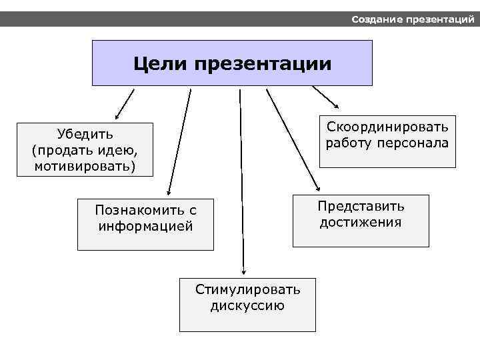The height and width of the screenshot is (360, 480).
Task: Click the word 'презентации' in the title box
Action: coord(263,65)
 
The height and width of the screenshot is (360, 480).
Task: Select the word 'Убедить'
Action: coord(85,133)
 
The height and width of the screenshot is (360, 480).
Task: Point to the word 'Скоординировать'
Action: coord(387,127)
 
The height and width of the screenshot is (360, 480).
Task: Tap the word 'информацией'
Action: coord(145,226)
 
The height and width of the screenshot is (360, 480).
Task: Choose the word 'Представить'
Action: coord(361,206)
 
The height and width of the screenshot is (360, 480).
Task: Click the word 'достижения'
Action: coord(361,222)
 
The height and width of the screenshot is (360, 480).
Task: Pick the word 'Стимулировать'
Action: coord(247,289)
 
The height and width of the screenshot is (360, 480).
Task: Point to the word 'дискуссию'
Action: coord(247,305)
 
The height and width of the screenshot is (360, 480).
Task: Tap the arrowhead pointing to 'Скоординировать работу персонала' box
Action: coord(337,106)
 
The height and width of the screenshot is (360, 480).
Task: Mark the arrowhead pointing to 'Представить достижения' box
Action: coord(318,189)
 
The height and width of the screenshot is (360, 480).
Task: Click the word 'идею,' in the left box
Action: coord(121,149)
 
